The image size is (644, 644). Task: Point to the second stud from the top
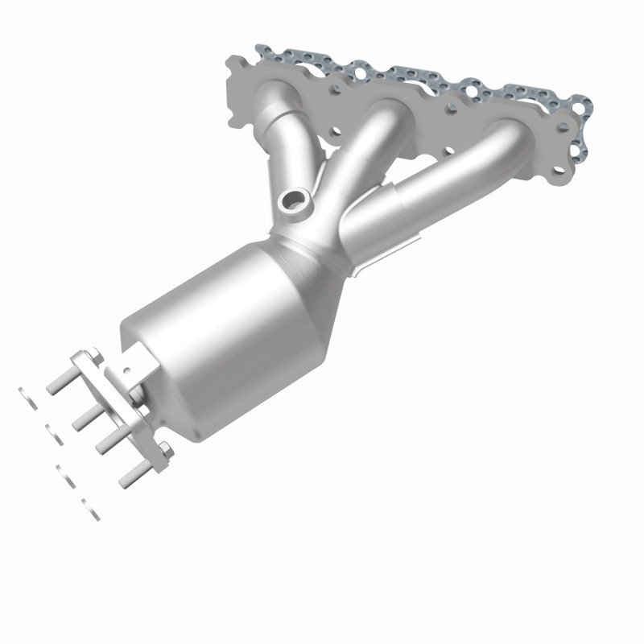[86, 415]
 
